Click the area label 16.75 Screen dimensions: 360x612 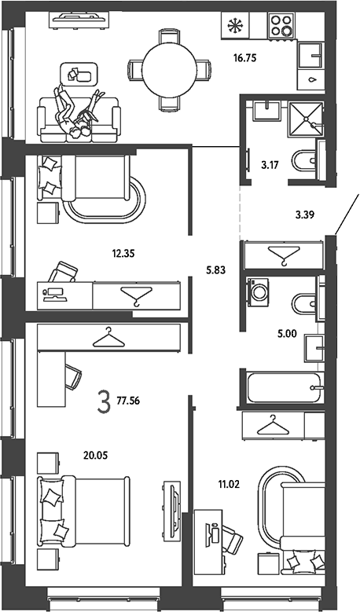244,59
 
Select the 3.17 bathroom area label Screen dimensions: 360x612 270,165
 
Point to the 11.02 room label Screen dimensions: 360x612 229,485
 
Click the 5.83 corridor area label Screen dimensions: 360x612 216,269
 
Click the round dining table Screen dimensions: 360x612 169,70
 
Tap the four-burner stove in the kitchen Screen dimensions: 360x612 281,25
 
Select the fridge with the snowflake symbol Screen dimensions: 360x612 235,25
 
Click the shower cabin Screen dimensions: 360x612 306,119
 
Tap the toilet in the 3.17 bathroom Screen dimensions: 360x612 303,161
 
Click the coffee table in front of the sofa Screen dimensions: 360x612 78,74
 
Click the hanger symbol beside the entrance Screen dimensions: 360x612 284,255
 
